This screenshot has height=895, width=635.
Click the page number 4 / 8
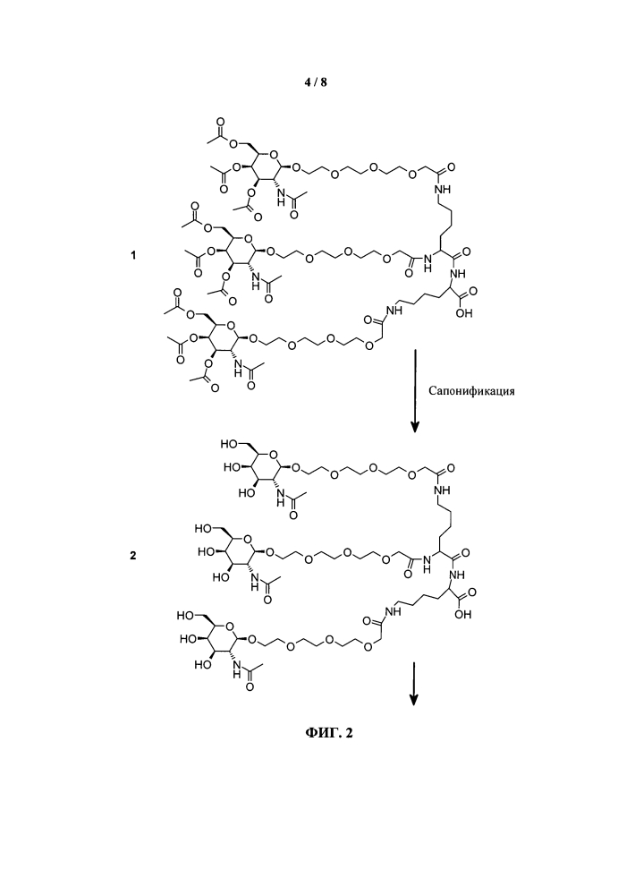click(x=316, y=82)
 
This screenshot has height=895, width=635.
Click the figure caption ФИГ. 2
click(x=328, y=732)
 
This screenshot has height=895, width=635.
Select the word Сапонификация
click(x=471, y=391)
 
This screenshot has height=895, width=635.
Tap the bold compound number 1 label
click(x=133, y=255)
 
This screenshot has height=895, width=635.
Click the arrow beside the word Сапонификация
click(x=415, y=390)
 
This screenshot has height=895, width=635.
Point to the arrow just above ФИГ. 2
click(x=415, y=683)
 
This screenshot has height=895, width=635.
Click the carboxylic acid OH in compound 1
click(x=464, y=313)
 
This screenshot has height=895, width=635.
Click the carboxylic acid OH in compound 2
click(x=464, y=614)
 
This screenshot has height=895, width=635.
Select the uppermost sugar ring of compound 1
click(x=266, y=166)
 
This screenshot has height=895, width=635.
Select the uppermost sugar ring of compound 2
click(x=266, y=467)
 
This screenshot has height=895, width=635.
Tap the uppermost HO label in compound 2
click(x=228, y=444)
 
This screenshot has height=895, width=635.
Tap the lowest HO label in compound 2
click(x=202, y=664)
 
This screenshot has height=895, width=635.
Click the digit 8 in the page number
click(x=324, y=82)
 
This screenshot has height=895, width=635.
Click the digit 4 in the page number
click(x=308, y=82)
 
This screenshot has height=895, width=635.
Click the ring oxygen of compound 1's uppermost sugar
click(x=274, y=154)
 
